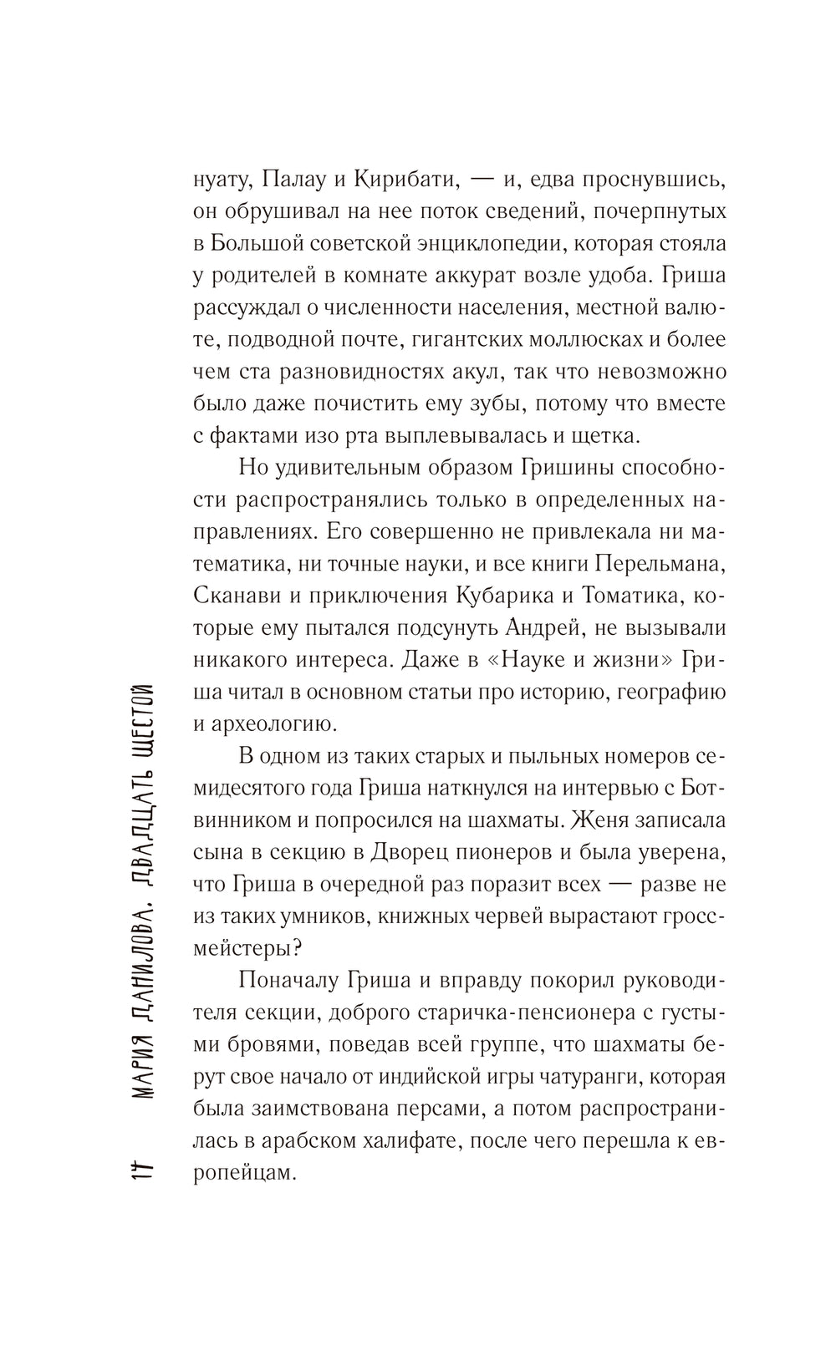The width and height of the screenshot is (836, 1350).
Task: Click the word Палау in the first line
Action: click(x=298, y=180)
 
